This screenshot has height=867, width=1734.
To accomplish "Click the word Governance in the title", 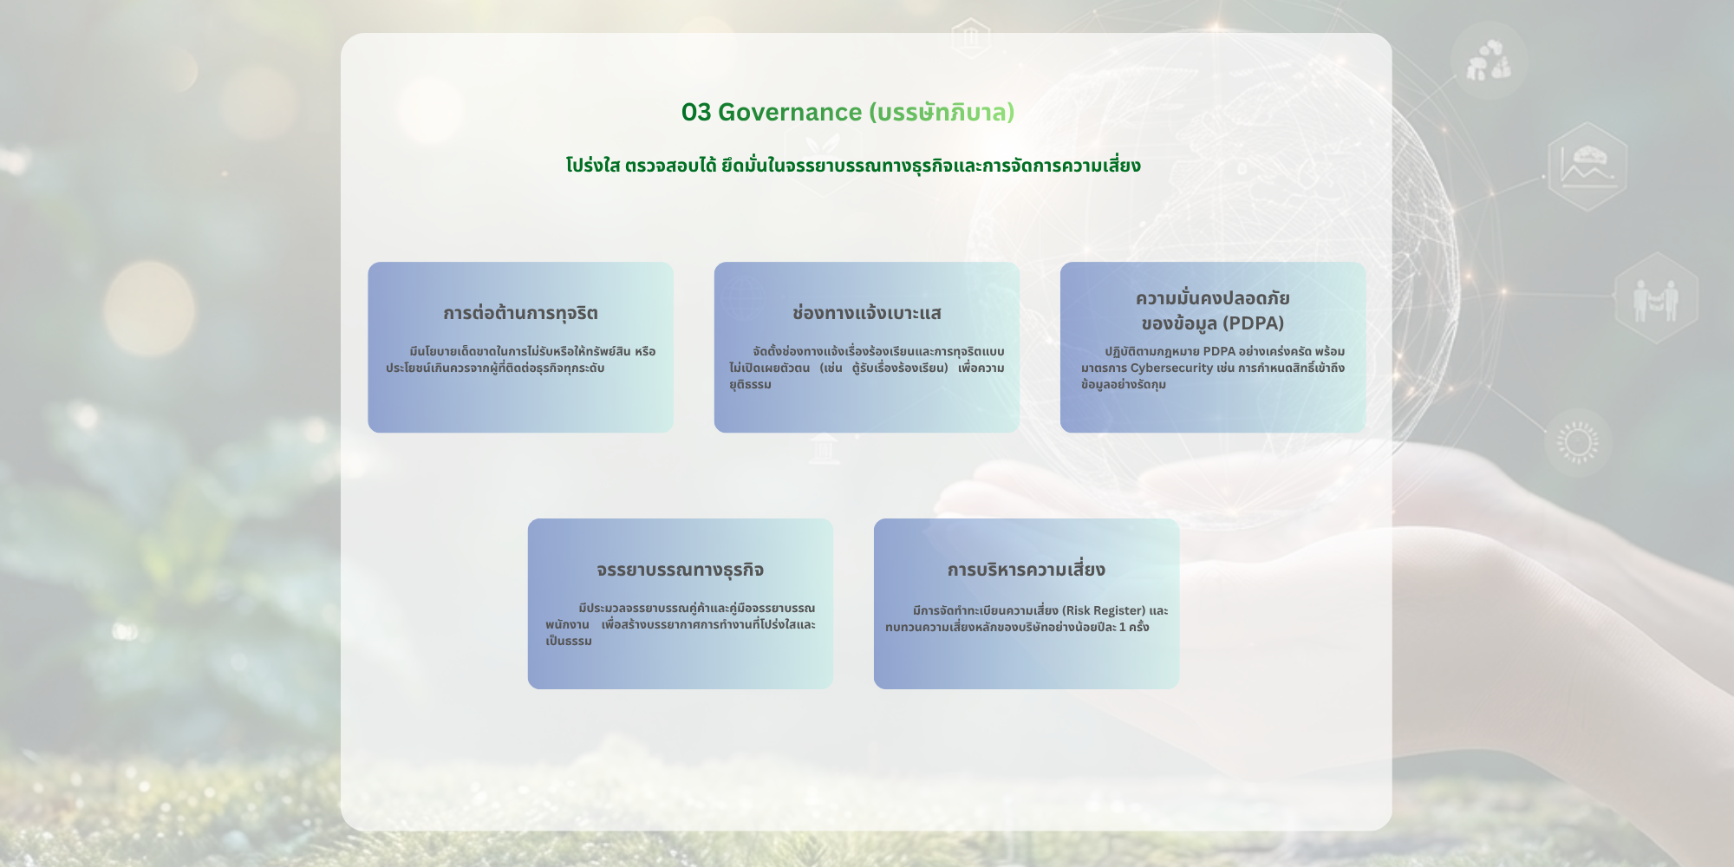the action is pos(790,113).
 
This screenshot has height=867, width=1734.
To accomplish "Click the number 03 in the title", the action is pos(696,113).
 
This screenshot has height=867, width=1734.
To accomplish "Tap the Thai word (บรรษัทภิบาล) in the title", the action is pos(942,113).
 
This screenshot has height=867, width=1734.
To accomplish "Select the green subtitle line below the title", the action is pos(853,166).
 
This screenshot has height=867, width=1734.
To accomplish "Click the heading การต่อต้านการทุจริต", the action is pos(520,313).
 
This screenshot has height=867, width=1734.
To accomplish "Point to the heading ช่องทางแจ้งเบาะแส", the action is pos(867,313).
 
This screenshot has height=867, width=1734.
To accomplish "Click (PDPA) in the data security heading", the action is pos(1248,323).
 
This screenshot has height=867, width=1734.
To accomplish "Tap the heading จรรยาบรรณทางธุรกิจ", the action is pos(680,570).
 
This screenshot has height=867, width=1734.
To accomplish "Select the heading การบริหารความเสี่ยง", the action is pos(1027,570).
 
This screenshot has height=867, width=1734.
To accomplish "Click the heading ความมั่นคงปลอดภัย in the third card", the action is pos(1213,298).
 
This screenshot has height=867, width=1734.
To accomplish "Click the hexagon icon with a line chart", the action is pos(1587,166).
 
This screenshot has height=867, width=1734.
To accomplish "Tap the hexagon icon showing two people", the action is pos(1656,298).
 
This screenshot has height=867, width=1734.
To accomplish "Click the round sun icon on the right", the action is pos(1578,443).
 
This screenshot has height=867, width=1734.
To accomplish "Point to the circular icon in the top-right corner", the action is pos(1489,60).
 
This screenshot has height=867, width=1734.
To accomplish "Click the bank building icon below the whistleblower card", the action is pos(824,450).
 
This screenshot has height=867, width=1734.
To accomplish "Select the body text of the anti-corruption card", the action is pos(520,360).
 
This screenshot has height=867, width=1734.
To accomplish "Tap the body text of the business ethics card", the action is pos(681,624).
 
